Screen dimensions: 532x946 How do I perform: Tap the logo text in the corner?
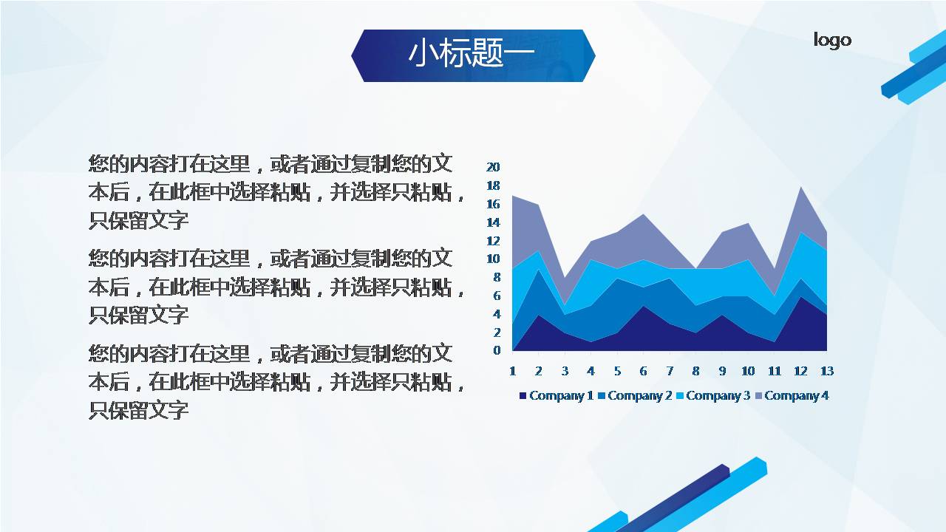[x=832, y=39]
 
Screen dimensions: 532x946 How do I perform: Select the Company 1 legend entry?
[x=557, y=396]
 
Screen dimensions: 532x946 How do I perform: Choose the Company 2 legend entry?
[x=635, y=396]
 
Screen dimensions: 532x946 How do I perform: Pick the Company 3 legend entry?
[x=713, y=396]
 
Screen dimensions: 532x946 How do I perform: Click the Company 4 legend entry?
[x=792, y=396]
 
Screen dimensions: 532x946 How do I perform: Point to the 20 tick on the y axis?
[x=493, y=167]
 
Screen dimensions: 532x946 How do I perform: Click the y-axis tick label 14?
[x=493, y=222]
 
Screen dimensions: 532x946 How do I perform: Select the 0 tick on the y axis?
[x=497, y=350]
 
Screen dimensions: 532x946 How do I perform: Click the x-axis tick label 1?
[x=512, y=371]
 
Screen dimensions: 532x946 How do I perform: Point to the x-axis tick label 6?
[x=643, y=371]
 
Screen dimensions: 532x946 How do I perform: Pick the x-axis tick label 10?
[x=748, y=371]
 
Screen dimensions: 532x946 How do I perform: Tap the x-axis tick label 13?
[x=827, y=371]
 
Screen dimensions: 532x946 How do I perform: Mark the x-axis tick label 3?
[x=565, y=371]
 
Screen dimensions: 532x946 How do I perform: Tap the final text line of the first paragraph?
[x=139, y=220]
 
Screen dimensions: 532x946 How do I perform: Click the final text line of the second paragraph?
[x=139, y=316]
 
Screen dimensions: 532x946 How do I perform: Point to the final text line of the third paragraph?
[x=139, y=410]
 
